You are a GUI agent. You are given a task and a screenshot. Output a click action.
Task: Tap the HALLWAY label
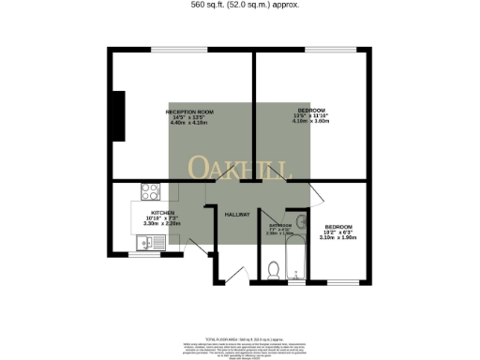click(x=236, y=215)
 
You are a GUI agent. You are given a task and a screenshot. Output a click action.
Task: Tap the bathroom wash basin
click(x=300, y=223)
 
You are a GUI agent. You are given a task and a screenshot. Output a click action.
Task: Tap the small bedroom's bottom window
click(x=344, y=282)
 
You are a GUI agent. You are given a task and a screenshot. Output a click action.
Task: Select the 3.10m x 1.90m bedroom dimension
click(x=338, y=237)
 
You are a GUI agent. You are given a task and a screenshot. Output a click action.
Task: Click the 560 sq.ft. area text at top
click(x=240, y=4)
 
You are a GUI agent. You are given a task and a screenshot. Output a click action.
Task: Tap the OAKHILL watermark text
click(x=241, y=169)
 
